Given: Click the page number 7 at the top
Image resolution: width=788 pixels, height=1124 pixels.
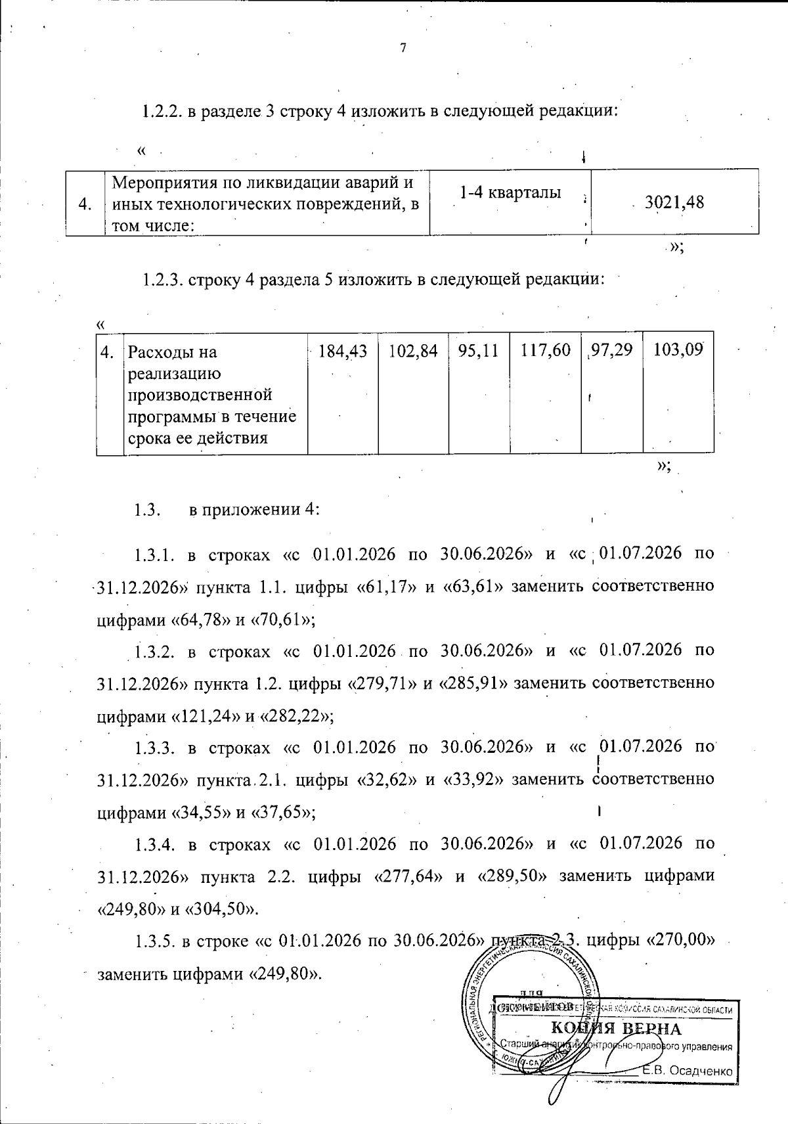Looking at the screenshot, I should point(403,48).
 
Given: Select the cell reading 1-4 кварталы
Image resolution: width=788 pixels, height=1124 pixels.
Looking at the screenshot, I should point(510,192).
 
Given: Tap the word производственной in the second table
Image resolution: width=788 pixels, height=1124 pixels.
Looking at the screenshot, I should point(200,395).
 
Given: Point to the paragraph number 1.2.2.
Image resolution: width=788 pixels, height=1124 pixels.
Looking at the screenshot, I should point(162,110).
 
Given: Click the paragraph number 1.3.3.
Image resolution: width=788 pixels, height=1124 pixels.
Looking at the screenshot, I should point(154,748).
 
